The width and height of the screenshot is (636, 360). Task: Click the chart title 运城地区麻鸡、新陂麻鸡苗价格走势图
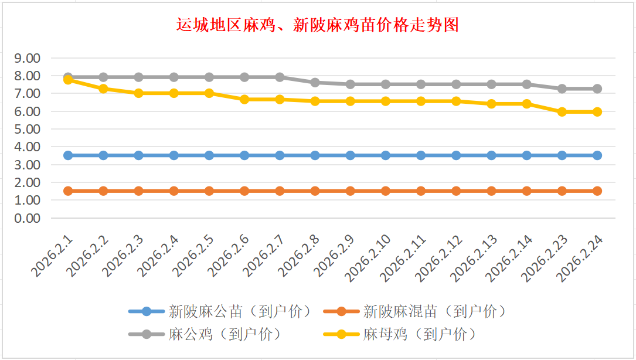click(317, 25)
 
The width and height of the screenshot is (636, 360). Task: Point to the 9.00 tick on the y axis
click(28, 58)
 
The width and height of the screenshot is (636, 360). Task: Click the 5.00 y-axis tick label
click(28, 129)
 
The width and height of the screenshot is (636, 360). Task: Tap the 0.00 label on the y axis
click(28, 218)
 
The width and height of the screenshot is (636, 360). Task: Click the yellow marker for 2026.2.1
click(68, 80)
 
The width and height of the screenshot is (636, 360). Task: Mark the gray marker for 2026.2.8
click(315, 83)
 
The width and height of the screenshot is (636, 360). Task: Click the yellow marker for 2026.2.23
click(562, 111)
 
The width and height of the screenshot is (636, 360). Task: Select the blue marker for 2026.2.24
click(597, 155)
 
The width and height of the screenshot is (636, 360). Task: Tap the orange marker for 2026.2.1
click(68, 191)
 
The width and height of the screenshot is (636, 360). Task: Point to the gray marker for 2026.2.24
click(597, 89)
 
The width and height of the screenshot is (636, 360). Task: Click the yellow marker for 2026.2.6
click(244, 100)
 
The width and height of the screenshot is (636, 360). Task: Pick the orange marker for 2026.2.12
click(456, 191)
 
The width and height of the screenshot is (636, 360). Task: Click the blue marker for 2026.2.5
click(209, 155)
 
